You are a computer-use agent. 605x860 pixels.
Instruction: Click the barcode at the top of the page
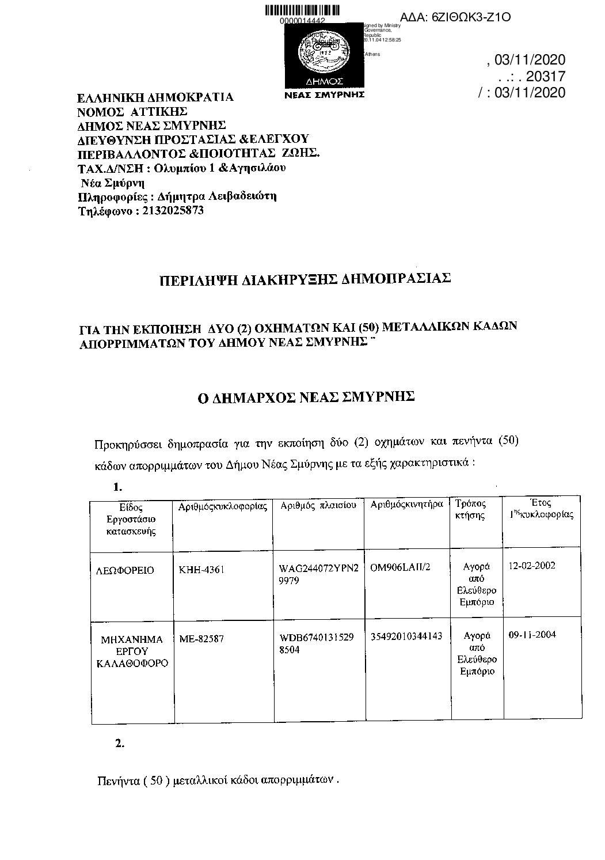click(x=302, y=10)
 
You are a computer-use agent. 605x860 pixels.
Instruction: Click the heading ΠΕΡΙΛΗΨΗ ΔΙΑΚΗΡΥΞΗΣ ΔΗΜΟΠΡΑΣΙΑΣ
click(x=305, y=280)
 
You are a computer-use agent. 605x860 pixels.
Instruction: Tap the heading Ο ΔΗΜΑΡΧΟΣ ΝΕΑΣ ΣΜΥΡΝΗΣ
click(x=306, y=397)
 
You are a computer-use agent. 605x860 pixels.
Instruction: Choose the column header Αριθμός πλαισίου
click(x=318, y=505)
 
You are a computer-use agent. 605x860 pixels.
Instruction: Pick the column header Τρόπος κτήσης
click(x=470, y=509)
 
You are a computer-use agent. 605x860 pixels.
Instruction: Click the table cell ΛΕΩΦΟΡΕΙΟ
click(x=125, y=570)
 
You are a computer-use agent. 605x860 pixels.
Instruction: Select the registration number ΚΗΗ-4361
click(x=201, y=570)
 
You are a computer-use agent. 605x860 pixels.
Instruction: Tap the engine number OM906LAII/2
click(x=401, y=567)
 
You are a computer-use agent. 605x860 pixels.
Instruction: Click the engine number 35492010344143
click(x=406, y=636)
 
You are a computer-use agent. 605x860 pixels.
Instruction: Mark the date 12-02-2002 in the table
click(x=532, y=566)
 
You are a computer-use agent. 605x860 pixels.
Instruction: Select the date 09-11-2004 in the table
click(x=532, y=635)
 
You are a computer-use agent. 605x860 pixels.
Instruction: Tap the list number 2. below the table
click(x=119, y=744)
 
